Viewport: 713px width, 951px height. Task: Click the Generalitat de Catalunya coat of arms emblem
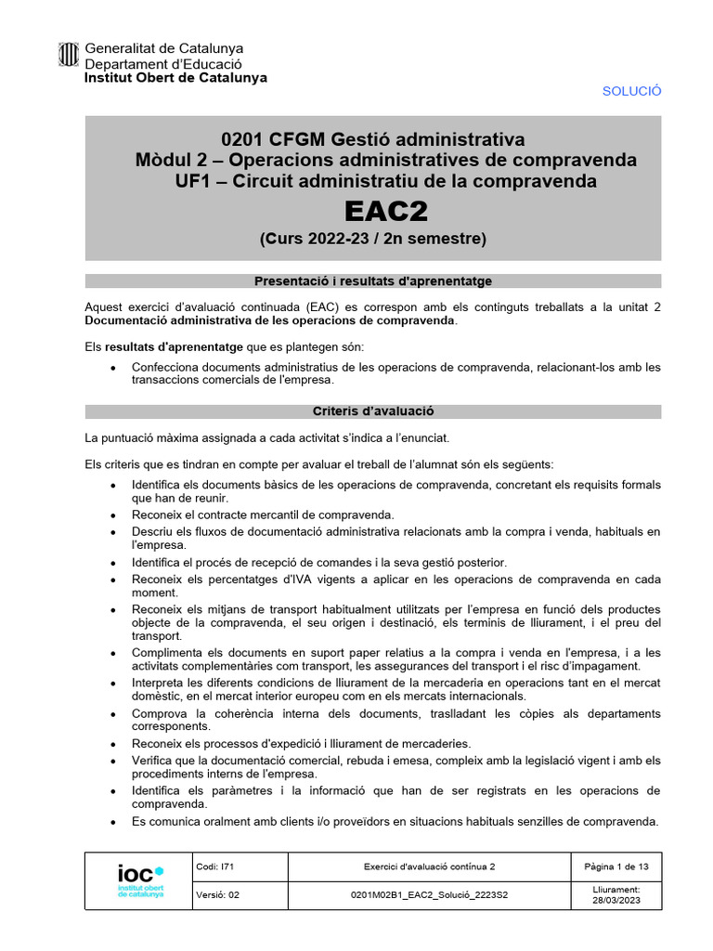click(x=69, y=57)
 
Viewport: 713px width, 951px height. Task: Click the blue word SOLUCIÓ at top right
click(x=631, y=91)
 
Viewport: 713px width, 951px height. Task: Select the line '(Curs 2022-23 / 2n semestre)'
click(x=372, y=239)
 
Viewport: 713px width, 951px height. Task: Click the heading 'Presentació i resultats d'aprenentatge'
click(x=372, y=281)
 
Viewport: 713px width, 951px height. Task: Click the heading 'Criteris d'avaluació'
click(x=372, y=411)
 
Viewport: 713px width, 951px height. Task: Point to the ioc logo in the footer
click(x=139, y=880)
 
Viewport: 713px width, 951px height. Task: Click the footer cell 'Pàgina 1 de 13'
click(x=616, y=866)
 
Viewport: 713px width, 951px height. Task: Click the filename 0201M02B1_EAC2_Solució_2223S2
click(x=429, y=895)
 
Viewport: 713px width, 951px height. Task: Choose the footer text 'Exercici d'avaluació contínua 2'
click(x=429, y=866)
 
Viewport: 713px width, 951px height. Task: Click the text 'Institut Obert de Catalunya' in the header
click(x=175, y=78)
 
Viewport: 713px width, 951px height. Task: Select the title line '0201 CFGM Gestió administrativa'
click(x=372, y=140)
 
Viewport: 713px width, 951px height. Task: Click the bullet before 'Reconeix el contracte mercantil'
click(x=113, y=515)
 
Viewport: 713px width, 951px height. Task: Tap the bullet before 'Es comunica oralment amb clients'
click(x=113, y=823)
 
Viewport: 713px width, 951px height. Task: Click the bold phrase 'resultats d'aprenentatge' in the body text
click(x=157, y=346)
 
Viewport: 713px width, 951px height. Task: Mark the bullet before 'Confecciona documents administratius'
click(x=113, y=368)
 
